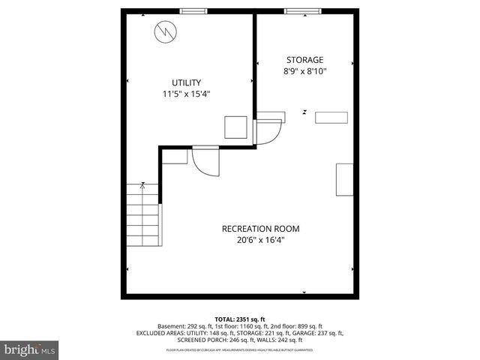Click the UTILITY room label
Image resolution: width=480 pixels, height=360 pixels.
pyautogui.click(x=187, y=82)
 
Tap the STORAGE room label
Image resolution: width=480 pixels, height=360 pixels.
pyautogui.click(x=304, y=60)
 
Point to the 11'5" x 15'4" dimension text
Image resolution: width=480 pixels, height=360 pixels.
pyautogui.click(x=187, y=94)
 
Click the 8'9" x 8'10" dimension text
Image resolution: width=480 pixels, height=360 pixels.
pyautogui.click(x=304, y=72)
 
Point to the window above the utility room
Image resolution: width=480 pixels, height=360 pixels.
pyautogui.click(x=193, y=10)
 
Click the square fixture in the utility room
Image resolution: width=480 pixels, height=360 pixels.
pyautogui.click(x=235, y=126)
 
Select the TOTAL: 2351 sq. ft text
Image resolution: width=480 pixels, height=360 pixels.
pyautogui.click(x=240, y=318)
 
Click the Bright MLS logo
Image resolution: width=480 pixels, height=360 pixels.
pyautogui.click(x=29, y=349)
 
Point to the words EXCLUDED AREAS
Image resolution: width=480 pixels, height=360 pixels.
pyautogui.click(x=162, y=333)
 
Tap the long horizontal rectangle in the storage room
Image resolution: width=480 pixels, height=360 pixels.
pyautogui.click(x=331, y=116)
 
